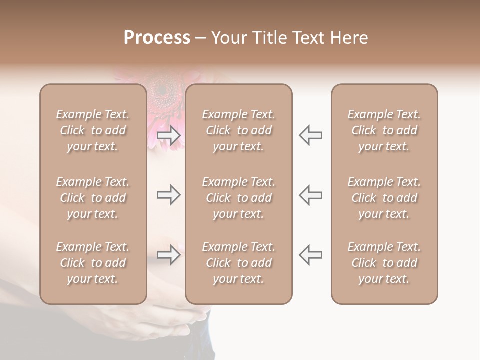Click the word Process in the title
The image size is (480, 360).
tap(157, 38)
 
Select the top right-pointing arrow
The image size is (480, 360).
tap(169, 135)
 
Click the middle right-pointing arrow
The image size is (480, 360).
tap(169, 195)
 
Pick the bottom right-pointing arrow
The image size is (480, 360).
tap(169, 255)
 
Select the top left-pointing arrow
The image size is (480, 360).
tap(311, 135)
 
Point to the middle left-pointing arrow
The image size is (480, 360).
tap(311, 195)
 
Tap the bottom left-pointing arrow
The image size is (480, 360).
tap(311, 255)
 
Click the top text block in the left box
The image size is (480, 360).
tap(93, 130)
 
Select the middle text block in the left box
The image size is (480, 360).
tap(93, 198)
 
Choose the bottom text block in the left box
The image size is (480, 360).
tap(93, 263)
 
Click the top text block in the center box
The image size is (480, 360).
tap(239, 130)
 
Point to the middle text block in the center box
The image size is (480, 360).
tap(239, 198)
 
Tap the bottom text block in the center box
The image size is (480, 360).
tap(239, 263)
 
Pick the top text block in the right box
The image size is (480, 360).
tap(384, 130)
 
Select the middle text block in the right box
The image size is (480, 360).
tap(384, 198)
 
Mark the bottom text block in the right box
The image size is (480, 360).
tap(384, 263)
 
